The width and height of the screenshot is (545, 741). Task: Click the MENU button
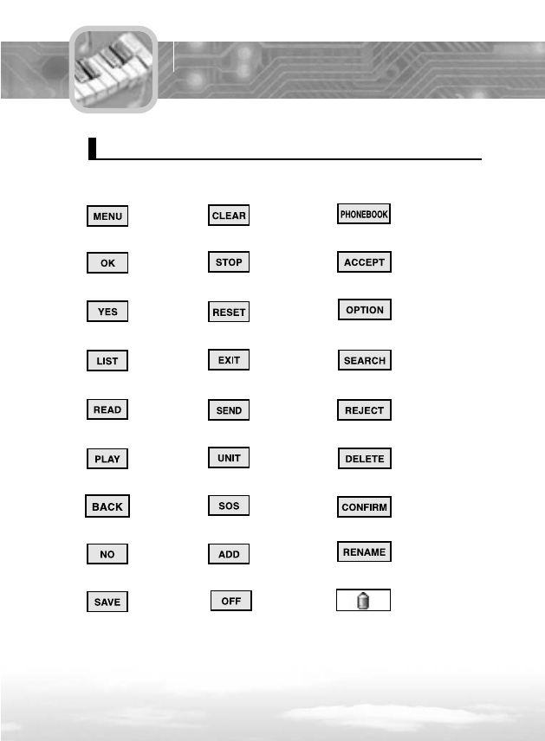107,216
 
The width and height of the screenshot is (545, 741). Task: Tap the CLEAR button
229,216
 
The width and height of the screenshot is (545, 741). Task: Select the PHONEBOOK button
364,215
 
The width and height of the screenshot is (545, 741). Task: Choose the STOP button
229,262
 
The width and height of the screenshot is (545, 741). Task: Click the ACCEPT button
364,262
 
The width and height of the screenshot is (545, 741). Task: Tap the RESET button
229,313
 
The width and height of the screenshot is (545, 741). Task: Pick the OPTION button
364,310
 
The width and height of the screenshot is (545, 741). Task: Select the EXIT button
229,359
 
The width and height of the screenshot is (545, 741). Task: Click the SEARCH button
364,360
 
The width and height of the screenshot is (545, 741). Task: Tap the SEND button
229,409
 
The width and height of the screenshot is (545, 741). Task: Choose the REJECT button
364,409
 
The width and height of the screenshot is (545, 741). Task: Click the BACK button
107,506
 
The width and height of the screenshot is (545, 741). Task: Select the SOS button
229,505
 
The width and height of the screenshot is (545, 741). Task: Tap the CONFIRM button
364,507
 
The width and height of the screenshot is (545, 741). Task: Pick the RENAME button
364,551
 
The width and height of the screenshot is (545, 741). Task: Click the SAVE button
107,602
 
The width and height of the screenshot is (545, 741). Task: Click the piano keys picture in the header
114,69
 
